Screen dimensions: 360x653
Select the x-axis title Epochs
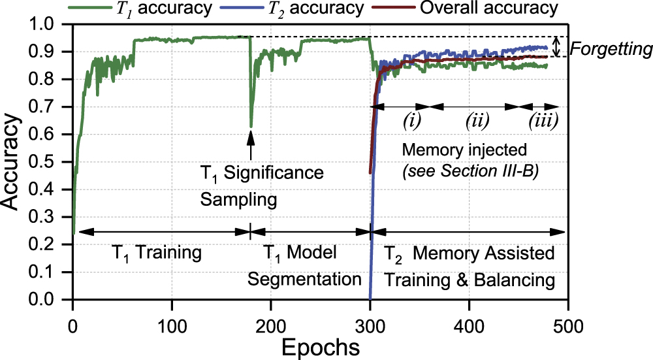pos(319,346)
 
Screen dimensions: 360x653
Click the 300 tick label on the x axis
pos(370,325)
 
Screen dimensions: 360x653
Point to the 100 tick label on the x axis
pos(172,325)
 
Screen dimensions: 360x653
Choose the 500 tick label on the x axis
pos(568,325)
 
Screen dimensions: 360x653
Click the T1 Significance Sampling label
pos(261,186)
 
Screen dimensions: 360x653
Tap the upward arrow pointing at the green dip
pos(251,147)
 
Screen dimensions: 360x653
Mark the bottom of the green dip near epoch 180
pos(251,126)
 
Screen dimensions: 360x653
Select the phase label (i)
pos(411,120)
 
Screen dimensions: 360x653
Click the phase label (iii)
pos(542,120)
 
